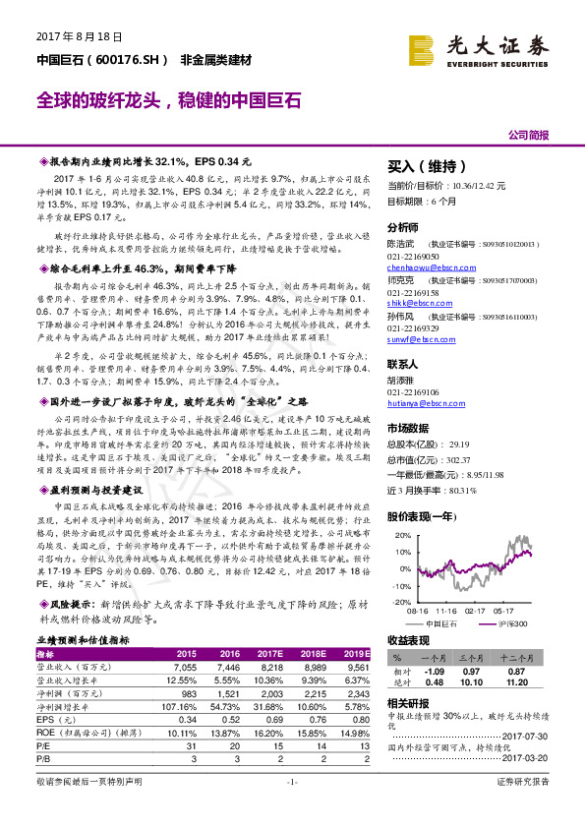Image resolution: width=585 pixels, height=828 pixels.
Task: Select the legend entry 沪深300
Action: [511, 623]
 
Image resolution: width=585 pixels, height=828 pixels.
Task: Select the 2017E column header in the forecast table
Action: [271, 653]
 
